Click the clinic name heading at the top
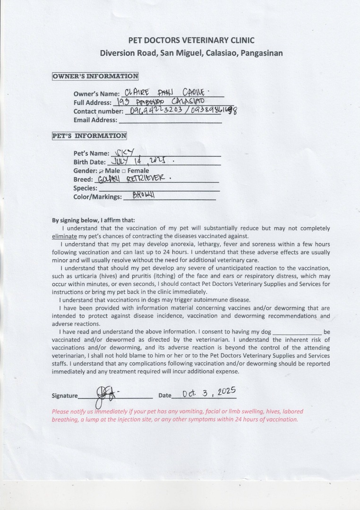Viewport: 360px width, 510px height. point(191,40)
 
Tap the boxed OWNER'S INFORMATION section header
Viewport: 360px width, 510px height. point(95,76)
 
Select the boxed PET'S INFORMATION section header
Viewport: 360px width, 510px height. point(89,136)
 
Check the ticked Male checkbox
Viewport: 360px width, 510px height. point(101,170)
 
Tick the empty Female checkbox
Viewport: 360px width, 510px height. point(124,170)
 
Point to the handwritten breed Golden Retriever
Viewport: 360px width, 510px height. point(132,179)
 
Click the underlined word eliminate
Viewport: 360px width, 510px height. point(64,236)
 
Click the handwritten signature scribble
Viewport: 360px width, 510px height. point(104,393)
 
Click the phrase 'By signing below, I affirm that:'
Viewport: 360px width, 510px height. point(93,220)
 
